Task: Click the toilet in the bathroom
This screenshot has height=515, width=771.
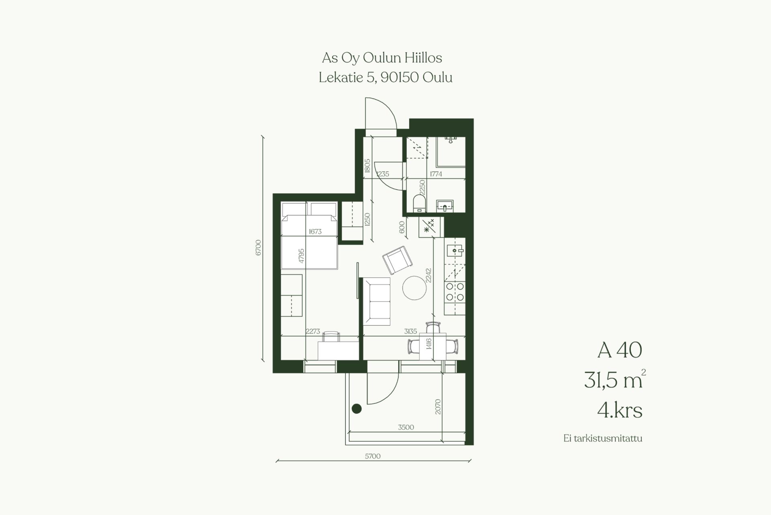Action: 419,203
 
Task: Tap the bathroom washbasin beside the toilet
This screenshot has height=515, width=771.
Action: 445,206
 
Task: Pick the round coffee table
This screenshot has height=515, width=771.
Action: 414,288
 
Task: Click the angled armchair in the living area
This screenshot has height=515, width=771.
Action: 397,260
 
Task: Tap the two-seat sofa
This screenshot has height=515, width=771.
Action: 377,302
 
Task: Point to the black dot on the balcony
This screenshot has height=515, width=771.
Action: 357,409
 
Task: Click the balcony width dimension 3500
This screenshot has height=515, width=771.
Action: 406,427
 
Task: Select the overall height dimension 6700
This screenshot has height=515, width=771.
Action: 258,248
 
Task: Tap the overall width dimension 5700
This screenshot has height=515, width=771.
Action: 373,456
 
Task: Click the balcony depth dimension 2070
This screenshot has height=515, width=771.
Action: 438,407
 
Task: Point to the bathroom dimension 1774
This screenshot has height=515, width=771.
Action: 436,174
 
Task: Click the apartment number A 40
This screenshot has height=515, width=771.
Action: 620,350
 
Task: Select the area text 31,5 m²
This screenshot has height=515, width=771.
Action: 615,380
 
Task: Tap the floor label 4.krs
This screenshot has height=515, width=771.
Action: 620,410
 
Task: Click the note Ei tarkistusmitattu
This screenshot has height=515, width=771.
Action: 603,439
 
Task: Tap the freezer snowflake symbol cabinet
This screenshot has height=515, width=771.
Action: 430,227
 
